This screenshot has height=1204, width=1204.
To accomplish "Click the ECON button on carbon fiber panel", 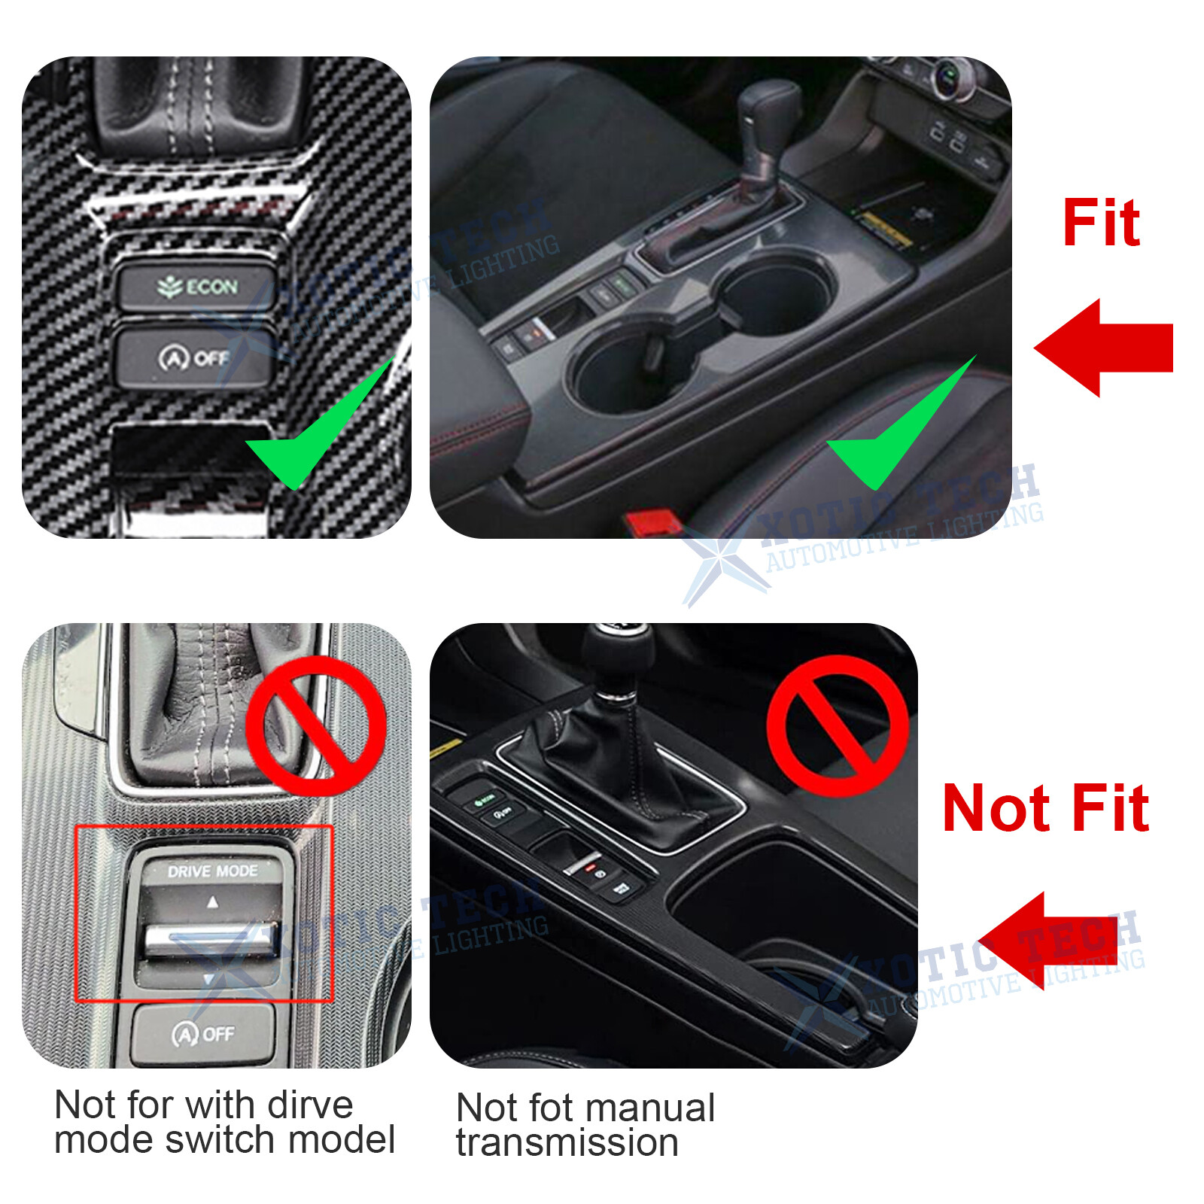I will click(197, 287).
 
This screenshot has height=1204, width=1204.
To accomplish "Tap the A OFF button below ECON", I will click(194, 358).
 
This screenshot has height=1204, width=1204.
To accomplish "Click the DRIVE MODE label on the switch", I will click(212, 871).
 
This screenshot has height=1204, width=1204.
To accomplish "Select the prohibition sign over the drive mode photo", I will click(316, 725).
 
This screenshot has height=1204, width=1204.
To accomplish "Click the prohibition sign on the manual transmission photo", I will click(837, 725).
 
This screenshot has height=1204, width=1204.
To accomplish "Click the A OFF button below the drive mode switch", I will click(203, 1034).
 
